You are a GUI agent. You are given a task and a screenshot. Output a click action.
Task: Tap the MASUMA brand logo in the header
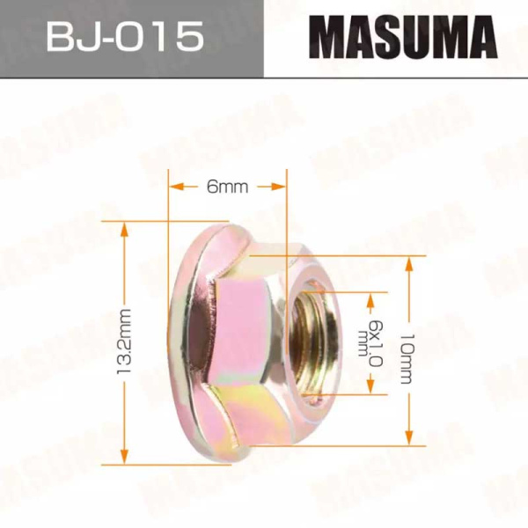coord(396,39)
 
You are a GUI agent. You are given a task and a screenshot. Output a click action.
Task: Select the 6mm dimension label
coord(226,187)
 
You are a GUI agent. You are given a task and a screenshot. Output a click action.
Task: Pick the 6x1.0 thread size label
coord(372,343)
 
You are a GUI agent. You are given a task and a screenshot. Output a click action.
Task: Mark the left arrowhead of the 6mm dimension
coord(176,187)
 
